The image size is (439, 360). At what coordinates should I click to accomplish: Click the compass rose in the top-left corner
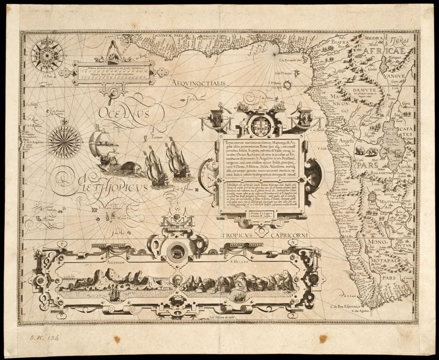click(47, 55)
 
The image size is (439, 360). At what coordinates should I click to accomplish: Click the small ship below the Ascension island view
click(115, 293)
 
